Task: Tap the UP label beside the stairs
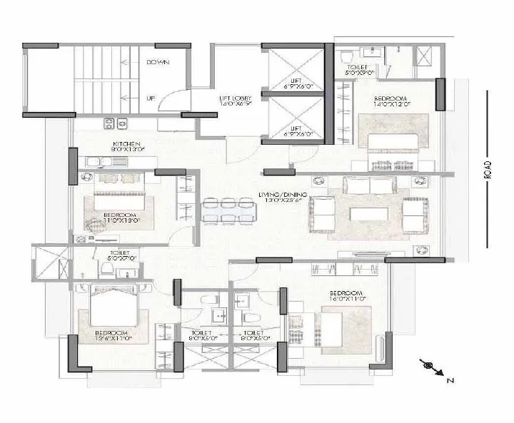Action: point(151,98)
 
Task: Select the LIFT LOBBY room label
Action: point(233,99)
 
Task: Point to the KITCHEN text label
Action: point(126,144)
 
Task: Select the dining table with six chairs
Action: point(229,210)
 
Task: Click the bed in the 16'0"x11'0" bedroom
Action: point(346,329)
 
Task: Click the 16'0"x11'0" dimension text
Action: point(346,300)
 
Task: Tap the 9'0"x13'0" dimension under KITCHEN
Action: point(126,151)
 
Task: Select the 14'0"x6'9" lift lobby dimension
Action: point(233,106)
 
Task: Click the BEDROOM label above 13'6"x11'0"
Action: point(111,333)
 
